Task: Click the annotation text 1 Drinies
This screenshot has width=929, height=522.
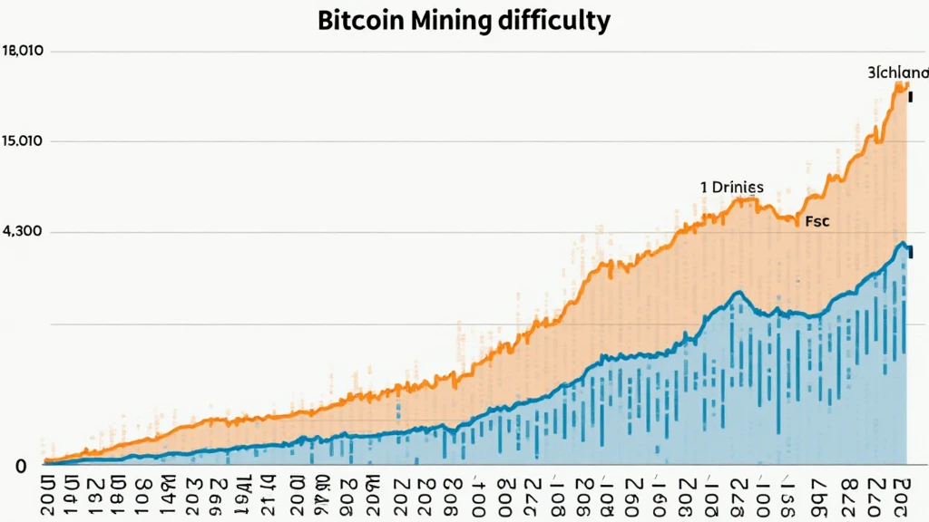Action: [x=731, y=188]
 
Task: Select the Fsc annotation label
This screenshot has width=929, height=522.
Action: [x=817, y=220]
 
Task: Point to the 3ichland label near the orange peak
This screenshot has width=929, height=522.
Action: [x=896, y=72]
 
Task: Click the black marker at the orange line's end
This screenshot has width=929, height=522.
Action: [x=909, y=94]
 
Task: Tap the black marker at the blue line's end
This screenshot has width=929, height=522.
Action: [x=908, y=256]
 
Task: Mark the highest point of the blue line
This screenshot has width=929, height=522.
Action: [x=900, y=243]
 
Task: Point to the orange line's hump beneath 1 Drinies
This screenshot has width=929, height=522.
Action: [x=739, y=199]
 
